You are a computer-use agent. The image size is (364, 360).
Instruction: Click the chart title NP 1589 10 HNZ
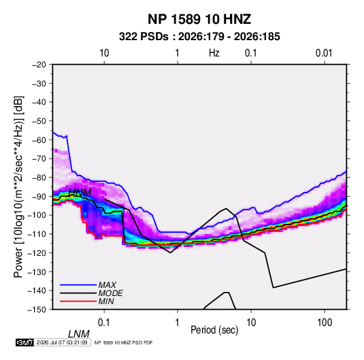tap(199, 19)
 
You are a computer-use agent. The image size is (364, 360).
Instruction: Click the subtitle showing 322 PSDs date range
tap(199, 37)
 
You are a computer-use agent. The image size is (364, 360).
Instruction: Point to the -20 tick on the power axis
tap(39, 65)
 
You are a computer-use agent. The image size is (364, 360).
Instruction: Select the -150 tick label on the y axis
tap(37, 310)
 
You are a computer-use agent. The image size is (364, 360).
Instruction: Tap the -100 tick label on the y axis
tap(37, 215)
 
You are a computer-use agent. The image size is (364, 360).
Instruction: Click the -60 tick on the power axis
tap(39, 140)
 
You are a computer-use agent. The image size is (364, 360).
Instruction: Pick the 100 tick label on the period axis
tap(325, 323)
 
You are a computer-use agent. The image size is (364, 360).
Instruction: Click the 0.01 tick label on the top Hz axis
tap(324, 53)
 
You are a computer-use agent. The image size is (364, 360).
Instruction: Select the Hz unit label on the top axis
tap(214, 53)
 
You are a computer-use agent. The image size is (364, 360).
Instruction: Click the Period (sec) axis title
tap(214, 330)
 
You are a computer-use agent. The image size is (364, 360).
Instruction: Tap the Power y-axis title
tap(18, 186)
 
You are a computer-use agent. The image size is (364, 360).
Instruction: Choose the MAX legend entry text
tap(107, 284)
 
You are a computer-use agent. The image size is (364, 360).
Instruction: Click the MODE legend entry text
tap(110, 293)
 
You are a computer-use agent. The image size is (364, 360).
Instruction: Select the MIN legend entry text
tap(106, 301)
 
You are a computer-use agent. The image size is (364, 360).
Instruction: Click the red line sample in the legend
tap(78, 301)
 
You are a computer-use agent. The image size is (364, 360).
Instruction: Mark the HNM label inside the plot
tap(80, 193)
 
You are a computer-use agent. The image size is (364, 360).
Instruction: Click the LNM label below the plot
tap(79, 334)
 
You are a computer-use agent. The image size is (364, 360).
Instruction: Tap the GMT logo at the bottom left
tap(25, 342)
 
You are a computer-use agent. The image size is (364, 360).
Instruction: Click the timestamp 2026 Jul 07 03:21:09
tap(62, 342)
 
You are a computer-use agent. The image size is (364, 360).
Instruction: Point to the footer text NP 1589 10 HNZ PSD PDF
tap(123, 342)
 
